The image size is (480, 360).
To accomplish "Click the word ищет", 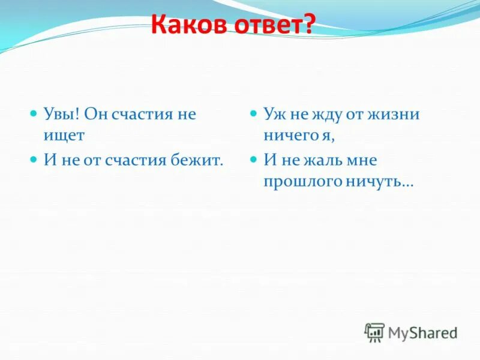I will (64, 136).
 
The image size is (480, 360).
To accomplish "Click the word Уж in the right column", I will (272, 114).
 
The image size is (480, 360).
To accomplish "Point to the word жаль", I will (320, 160).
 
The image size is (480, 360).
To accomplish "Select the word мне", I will (361, 160).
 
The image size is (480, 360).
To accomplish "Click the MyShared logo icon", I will (375, 332).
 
